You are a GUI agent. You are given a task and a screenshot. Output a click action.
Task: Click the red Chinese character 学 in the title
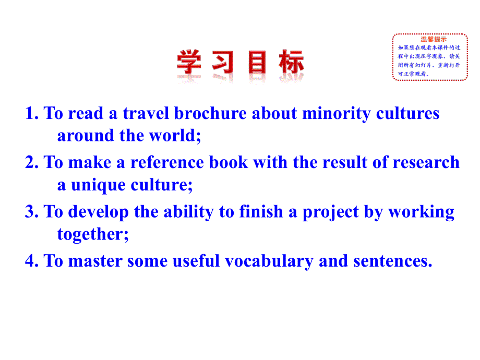(x=189, y=63)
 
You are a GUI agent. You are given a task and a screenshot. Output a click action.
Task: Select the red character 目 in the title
(x=257, y=63)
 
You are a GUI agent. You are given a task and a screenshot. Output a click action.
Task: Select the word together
(x=91, y=234)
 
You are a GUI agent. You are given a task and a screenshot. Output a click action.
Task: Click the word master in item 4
(x=97, y=260)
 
